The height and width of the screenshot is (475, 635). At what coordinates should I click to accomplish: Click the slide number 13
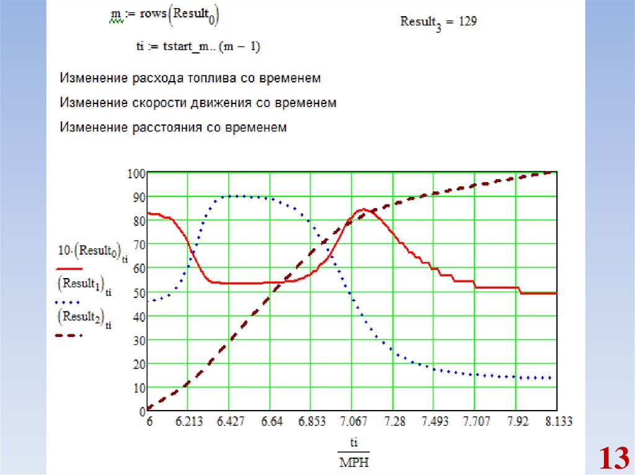[611, 459]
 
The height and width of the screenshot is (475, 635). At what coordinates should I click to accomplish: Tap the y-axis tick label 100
[136, 173]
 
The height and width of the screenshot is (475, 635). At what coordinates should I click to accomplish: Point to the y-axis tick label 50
[138, 292]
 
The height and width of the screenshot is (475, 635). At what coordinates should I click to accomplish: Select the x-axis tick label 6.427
[231, 422]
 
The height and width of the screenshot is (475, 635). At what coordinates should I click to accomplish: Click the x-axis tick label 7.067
[353, 422]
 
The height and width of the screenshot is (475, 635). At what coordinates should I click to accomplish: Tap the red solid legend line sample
[69, 269]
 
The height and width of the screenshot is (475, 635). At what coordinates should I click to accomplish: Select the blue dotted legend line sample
[69, 302]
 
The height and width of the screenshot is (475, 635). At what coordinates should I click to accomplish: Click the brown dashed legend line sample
[69, 336]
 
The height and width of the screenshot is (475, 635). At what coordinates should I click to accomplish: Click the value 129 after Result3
[467, 22]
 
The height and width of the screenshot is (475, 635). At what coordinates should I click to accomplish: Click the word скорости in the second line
[162, 103]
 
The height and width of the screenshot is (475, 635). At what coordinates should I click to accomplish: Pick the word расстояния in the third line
[164, 128]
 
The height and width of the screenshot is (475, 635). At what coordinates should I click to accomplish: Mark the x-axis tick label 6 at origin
[149, 422]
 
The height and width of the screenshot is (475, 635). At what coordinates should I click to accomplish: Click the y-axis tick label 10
[138, 387]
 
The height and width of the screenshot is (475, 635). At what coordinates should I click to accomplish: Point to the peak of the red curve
[364, 209]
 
